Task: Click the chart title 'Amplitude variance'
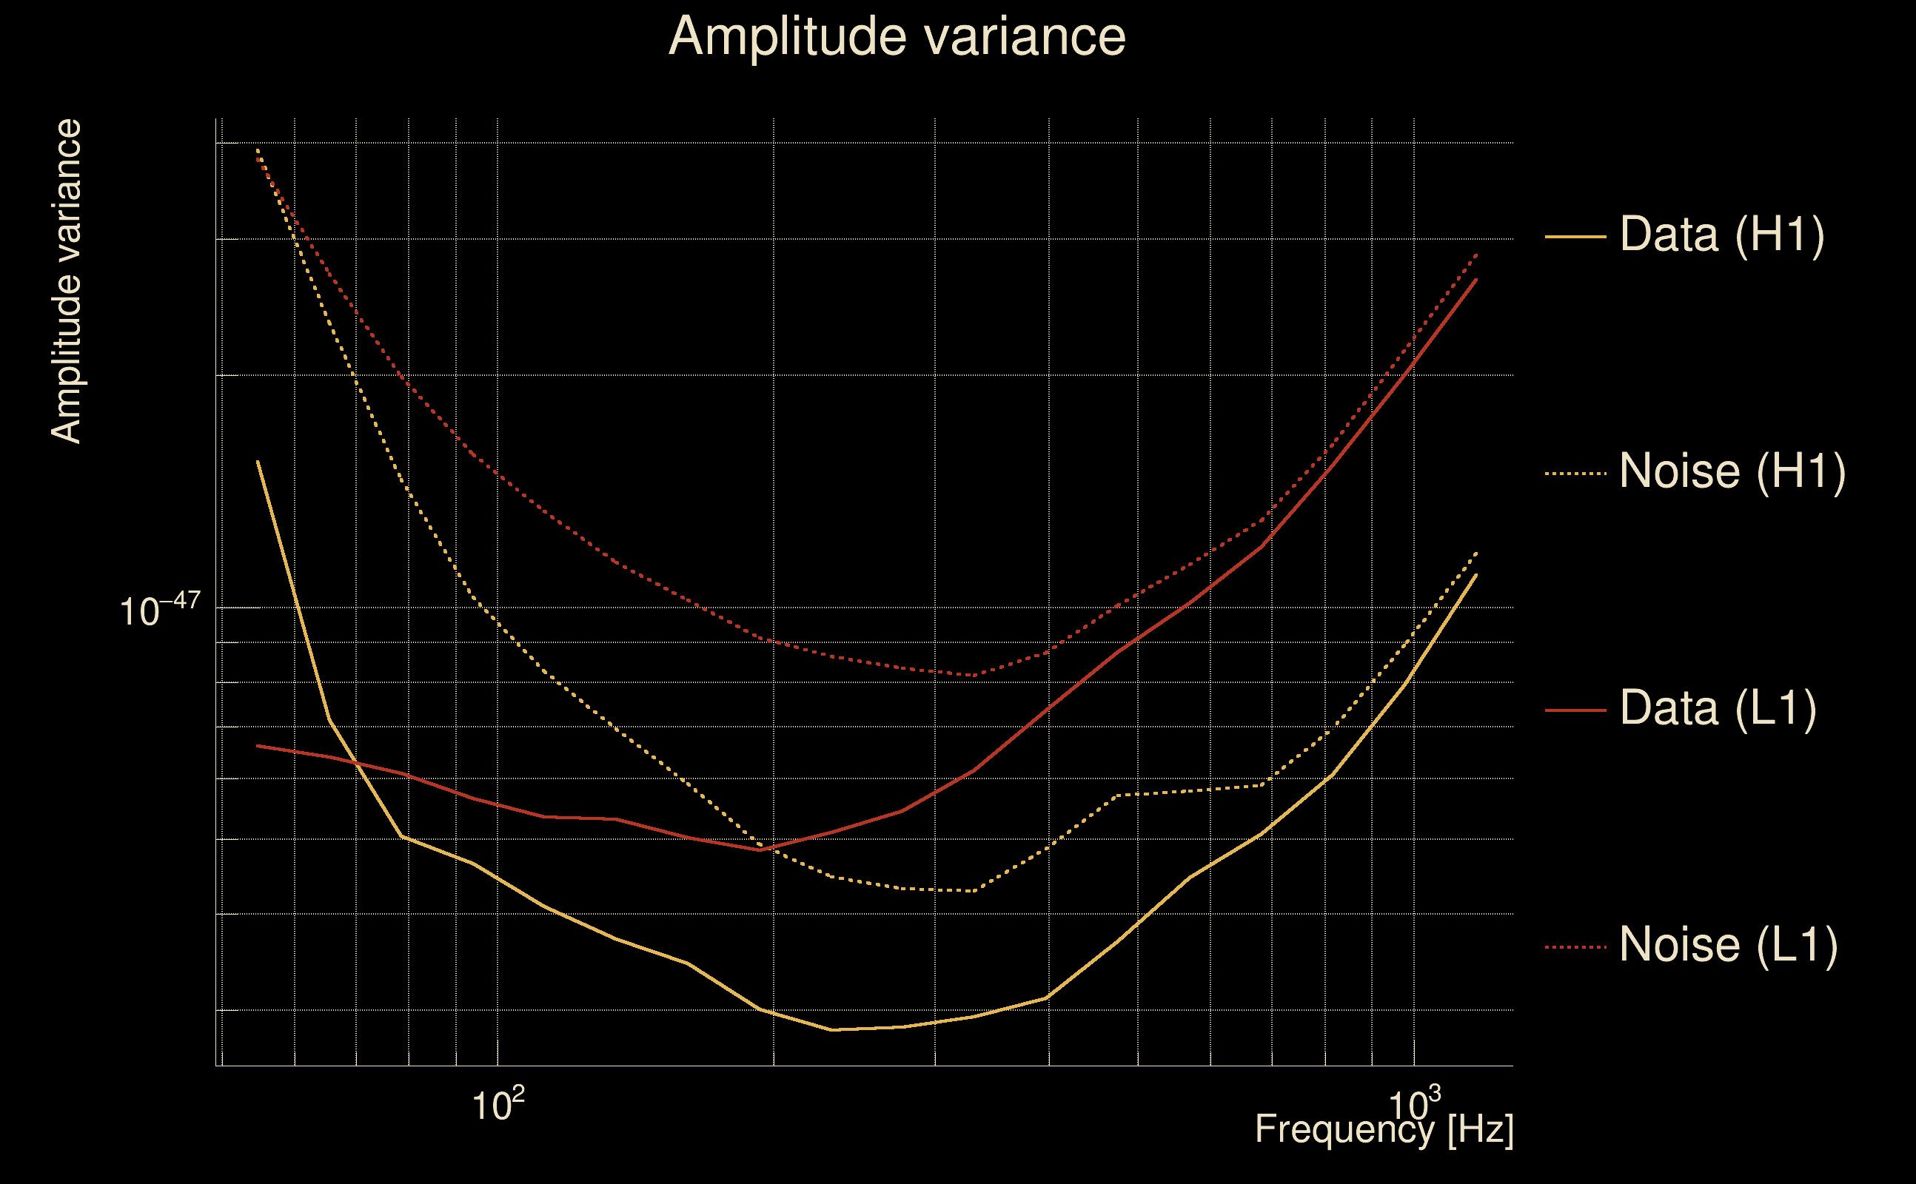(897, 37)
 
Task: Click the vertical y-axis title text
(67, 282)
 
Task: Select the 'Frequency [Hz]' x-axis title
(1384, 1129)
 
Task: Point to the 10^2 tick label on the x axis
(498, 1105)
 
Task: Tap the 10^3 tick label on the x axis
(1414, 1105)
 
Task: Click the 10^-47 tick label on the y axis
(160, 609)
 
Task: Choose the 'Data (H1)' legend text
(1722, 234)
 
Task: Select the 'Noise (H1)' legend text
(1732, 471)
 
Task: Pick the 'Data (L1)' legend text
(1718, 709)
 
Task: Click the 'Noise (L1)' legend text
(1728, 945)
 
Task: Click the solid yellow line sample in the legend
(1575, 237)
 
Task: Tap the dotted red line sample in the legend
(1575, 947)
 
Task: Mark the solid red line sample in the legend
(1575, 710)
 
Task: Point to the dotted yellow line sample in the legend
(1575, 474)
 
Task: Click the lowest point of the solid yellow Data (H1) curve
(832, 1030)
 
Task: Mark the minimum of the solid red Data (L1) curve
(760, 850)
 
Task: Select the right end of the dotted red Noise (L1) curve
(1476, 255)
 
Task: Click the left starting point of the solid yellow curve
(258, 462)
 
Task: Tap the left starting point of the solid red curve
(258, 745)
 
